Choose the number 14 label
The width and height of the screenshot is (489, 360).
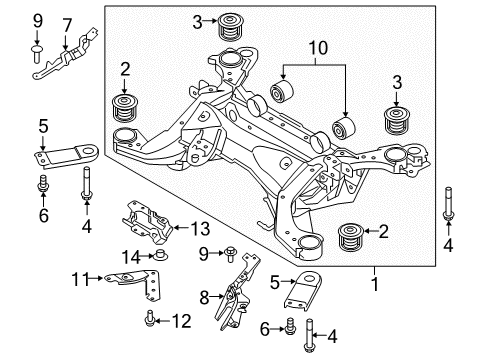click(132, 257)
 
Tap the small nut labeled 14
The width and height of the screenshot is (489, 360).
click(159, 257)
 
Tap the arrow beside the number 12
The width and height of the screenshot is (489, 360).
click(166, 321)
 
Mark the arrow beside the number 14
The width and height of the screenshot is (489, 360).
click(146, 257)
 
